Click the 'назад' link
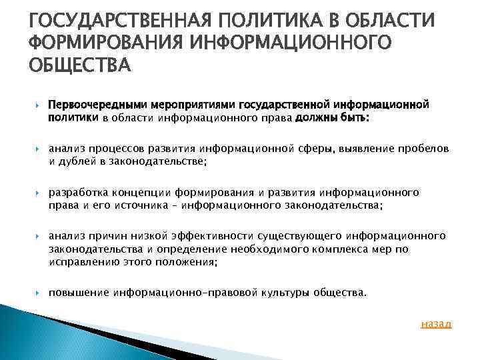click(437, 324)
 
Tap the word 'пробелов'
click(425, 149)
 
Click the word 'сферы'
click(320, 149)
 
